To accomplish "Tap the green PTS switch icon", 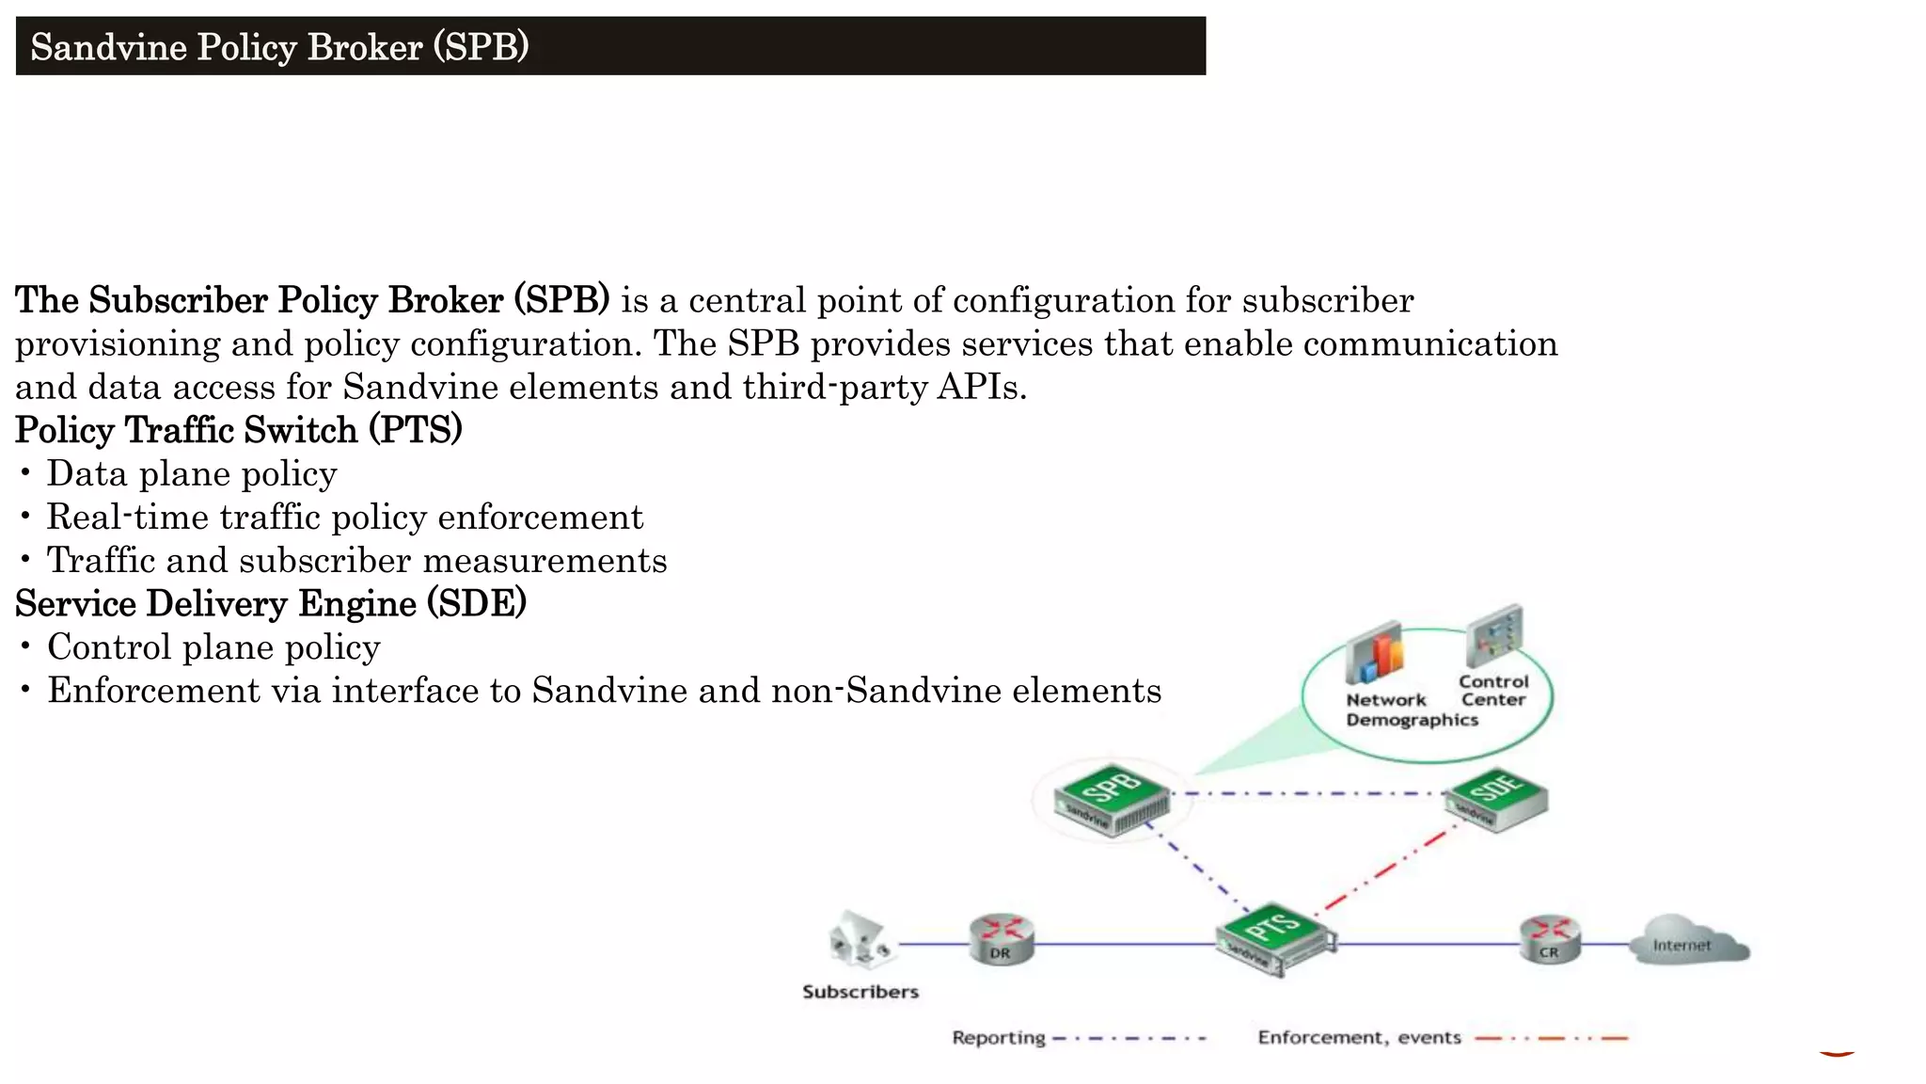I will [1275, 939].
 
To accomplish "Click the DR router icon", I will [1002, 939].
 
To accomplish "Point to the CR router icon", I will [1550, 939].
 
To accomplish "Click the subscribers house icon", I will [860, 940].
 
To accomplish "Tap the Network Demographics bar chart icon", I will [1375, 652].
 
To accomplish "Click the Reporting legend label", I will [998, 1038].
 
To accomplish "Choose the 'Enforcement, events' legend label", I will [1359, 1038].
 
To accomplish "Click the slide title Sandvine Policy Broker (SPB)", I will [279, 47].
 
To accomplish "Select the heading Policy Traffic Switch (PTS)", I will [238, 430].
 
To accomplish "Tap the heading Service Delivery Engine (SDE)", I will [270, 603].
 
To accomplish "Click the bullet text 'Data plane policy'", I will [192, 473].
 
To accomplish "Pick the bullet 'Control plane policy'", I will [213, 646].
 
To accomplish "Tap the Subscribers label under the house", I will [860, 992].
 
